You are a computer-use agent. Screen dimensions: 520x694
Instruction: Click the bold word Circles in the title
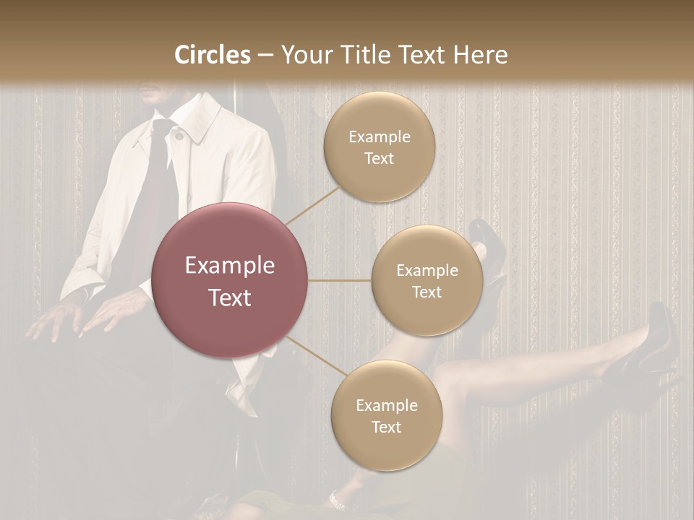tap(213, 55)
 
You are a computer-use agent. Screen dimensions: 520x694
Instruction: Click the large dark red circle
tap(230, 280)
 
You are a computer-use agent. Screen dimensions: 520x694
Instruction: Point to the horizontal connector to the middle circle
tap(340, 280)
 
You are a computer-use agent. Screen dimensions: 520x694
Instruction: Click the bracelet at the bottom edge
tap(335, 500)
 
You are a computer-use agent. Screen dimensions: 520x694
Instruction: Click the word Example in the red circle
tap(230, 266)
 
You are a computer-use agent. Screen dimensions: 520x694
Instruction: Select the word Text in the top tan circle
tap(379, 159)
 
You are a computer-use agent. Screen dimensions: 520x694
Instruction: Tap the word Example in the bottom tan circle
tap(386, 405)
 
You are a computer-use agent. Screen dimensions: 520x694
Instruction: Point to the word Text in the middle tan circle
tap(427, 292)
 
